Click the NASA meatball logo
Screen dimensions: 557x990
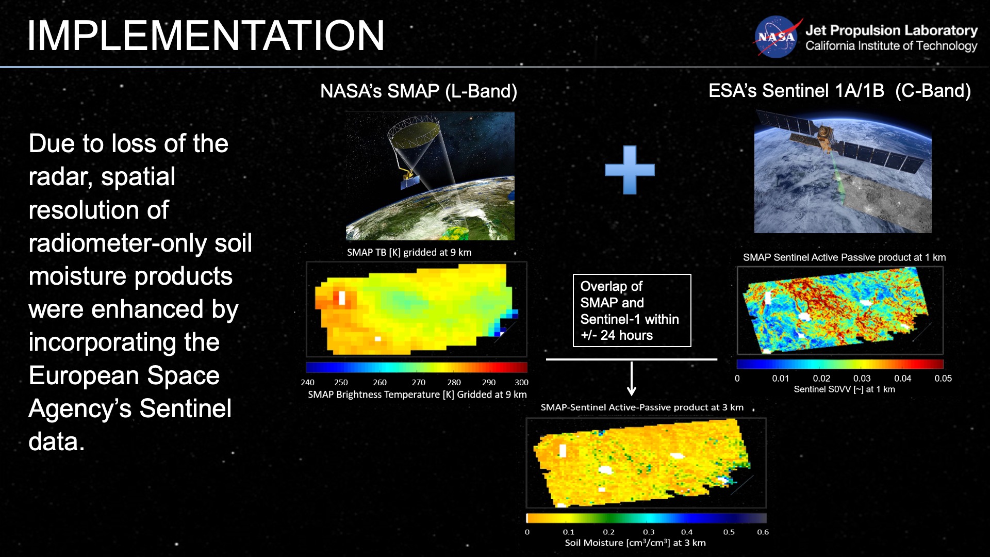(x=776, y=37)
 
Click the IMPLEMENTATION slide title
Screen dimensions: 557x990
(x=205, y=36)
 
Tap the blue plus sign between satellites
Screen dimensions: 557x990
(x=630, y=170)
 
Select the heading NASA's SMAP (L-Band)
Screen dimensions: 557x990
(x=418, y=91)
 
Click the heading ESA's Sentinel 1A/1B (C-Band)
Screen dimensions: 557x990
(x=839, y=91)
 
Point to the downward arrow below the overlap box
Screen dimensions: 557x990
(x=632, y=379)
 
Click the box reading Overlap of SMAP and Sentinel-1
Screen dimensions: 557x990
(x=632, y=310)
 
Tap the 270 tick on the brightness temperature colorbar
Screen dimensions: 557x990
(x=418, y=382)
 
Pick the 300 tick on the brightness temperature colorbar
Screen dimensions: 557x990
(x=521, y=382)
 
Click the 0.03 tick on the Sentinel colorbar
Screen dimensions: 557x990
(x=862, y=378)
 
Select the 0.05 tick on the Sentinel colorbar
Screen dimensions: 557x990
(x=943, y=378)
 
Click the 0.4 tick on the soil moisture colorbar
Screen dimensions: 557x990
(x=687, y=532)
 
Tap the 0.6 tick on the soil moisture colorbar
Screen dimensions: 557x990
(x=763, y=532)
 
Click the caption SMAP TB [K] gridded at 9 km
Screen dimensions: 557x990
(x=409, y=252)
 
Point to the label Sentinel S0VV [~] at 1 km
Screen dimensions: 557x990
(x=844, y=389)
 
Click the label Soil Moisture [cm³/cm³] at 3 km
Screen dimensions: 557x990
(x=635, y=543)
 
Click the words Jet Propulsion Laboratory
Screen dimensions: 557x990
(x=891, y=30)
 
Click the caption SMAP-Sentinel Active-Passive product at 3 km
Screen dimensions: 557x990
(x=642, y=407)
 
